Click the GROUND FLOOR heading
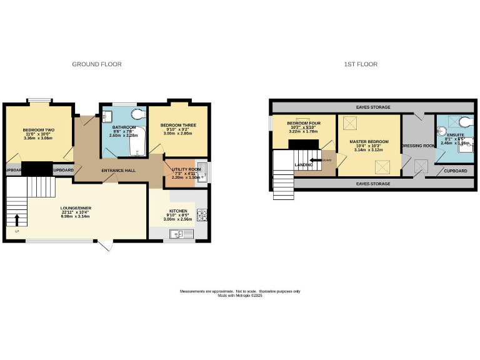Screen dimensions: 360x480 [x=97, y=64]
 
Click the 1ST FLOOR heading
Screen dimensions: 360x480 [x=361, y=64]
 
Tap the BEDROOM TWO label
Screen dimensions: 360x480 [x=39, y=130]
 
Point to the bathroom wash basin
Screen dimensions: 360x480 [x=107, y=115]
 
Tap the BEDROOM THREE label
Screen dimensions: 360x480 [x=178, y=125]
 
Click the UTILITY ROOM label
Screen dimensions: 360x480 [x=186, y=169]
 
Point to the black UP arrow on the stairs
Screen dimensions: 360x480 [x=16, y=219]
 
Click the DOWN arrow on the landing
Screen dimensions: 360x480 [x=317, y=160]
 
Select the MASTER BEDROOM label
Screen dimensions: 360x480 [x=369, y=142]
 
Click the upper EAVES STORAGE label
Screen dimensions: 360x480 [x=373, y=107]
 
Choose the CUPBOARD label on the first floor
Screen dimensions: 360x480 [x=455, y=170]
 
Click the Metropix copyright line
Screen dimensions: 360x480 [x=240, y=296]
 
